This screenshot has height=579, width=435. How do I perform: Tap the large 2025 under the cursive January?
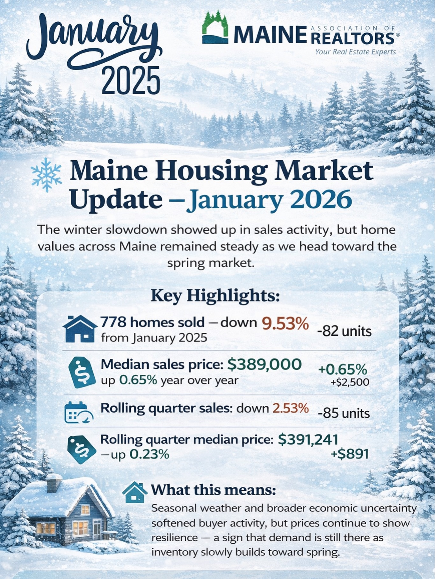pyautogui.click(x=131, y=80)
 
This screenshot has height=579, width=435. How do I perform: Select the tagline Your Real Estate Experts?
pyautogui.click(x=356, y=52)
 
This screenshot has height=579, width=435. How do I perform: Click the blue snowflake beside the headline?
pyautogui.click(x=47, y=175)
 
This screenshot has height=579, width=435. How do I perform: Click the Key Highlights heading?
pyautogui.click(x=215, y=296)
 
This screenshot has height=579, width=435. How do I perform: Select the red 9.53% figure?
pyautogui.click(x=285, y=324)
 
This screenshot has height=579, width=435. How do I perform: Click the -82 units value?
pyautogui.click(x=344, y=331)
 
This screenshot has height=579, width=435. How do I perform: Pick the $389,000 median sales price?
pyautogui.click(x=265, y=365)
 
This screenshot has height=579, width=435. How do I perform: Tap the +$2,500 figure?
pyautogui.click(x=350, y=382)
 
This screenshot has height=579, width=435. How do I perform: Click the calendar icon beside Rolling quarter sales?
pyautogui.click(x=79, y=412)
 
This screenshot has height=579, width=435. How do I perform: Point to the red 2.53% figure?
pyautogui.click(x=291, y=408)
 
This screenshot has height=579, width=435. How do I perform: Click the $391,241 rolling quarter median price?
pyautogui.click(x=308, y=440)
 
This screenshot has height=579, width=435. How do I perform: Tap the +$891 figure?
pyautogui.click(x=350, y=454)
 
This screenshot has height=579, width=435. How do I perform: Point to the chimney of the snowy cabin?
pyautogui.click(x=54, y=483)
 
